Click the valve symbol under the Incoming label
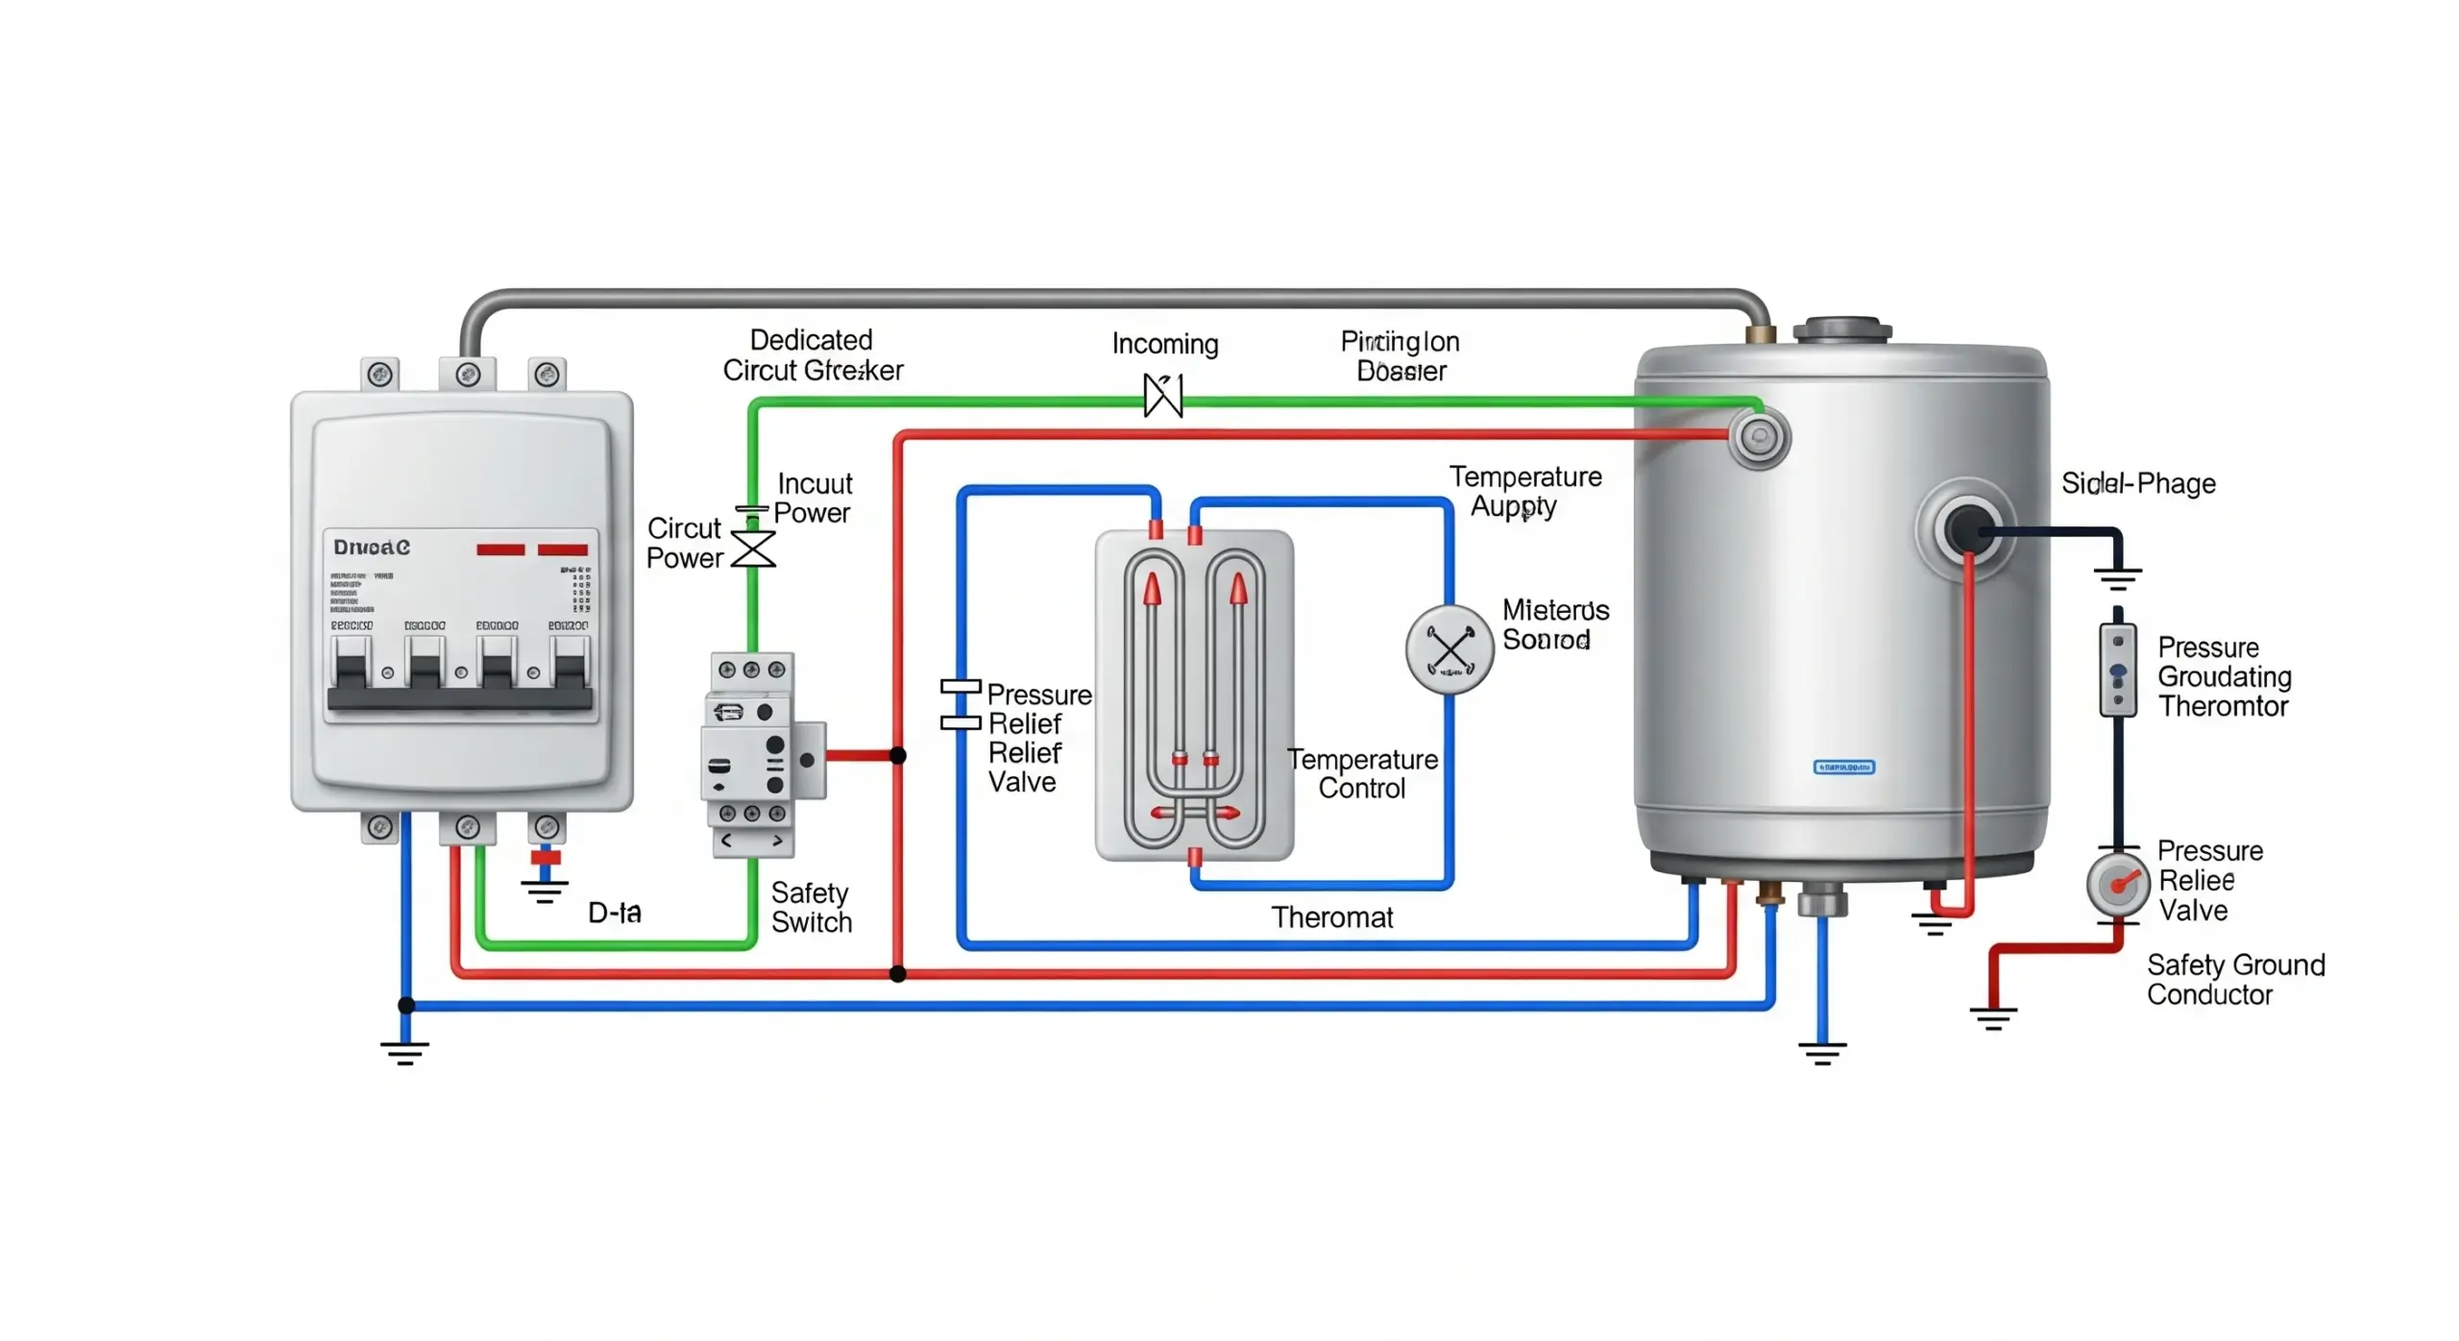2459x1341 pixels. point(1162,395)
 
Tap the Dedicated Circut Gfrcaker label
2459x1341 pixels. point(812,355)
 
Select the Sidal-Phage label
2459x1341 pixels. point(2137,483)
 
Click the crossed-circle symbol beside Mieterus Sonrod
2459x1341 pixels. point(1449,650)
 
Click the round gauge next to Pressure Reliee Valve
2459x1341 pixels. point(2117,884)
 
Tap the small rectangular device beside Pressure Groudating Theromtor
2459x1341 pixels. point(2117,670)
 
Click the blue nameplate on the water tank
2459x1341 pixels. point(1843,767)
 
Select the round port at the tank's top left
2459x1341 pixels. point(1759,437)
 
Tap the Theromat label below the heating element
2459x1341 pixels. point(1331,917)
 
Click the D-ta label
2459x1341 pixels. point(614,913)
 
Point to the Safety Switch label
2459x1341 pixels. point(811,907)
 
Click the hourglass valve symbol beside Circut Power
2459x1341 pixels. point(753,549)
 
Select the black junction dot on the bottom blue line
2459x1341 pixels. point(406,1006)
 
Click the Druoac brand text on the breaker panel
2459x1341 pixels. point(371,548)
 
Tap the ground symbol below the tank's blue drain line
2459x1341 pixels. point(1822,1053)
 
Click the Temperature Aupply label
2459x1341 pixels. point(1524,491)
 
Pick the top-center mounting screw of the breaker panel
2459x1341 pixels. point(468,374)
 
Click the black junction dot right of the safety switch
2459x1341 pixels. point(898,756)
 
